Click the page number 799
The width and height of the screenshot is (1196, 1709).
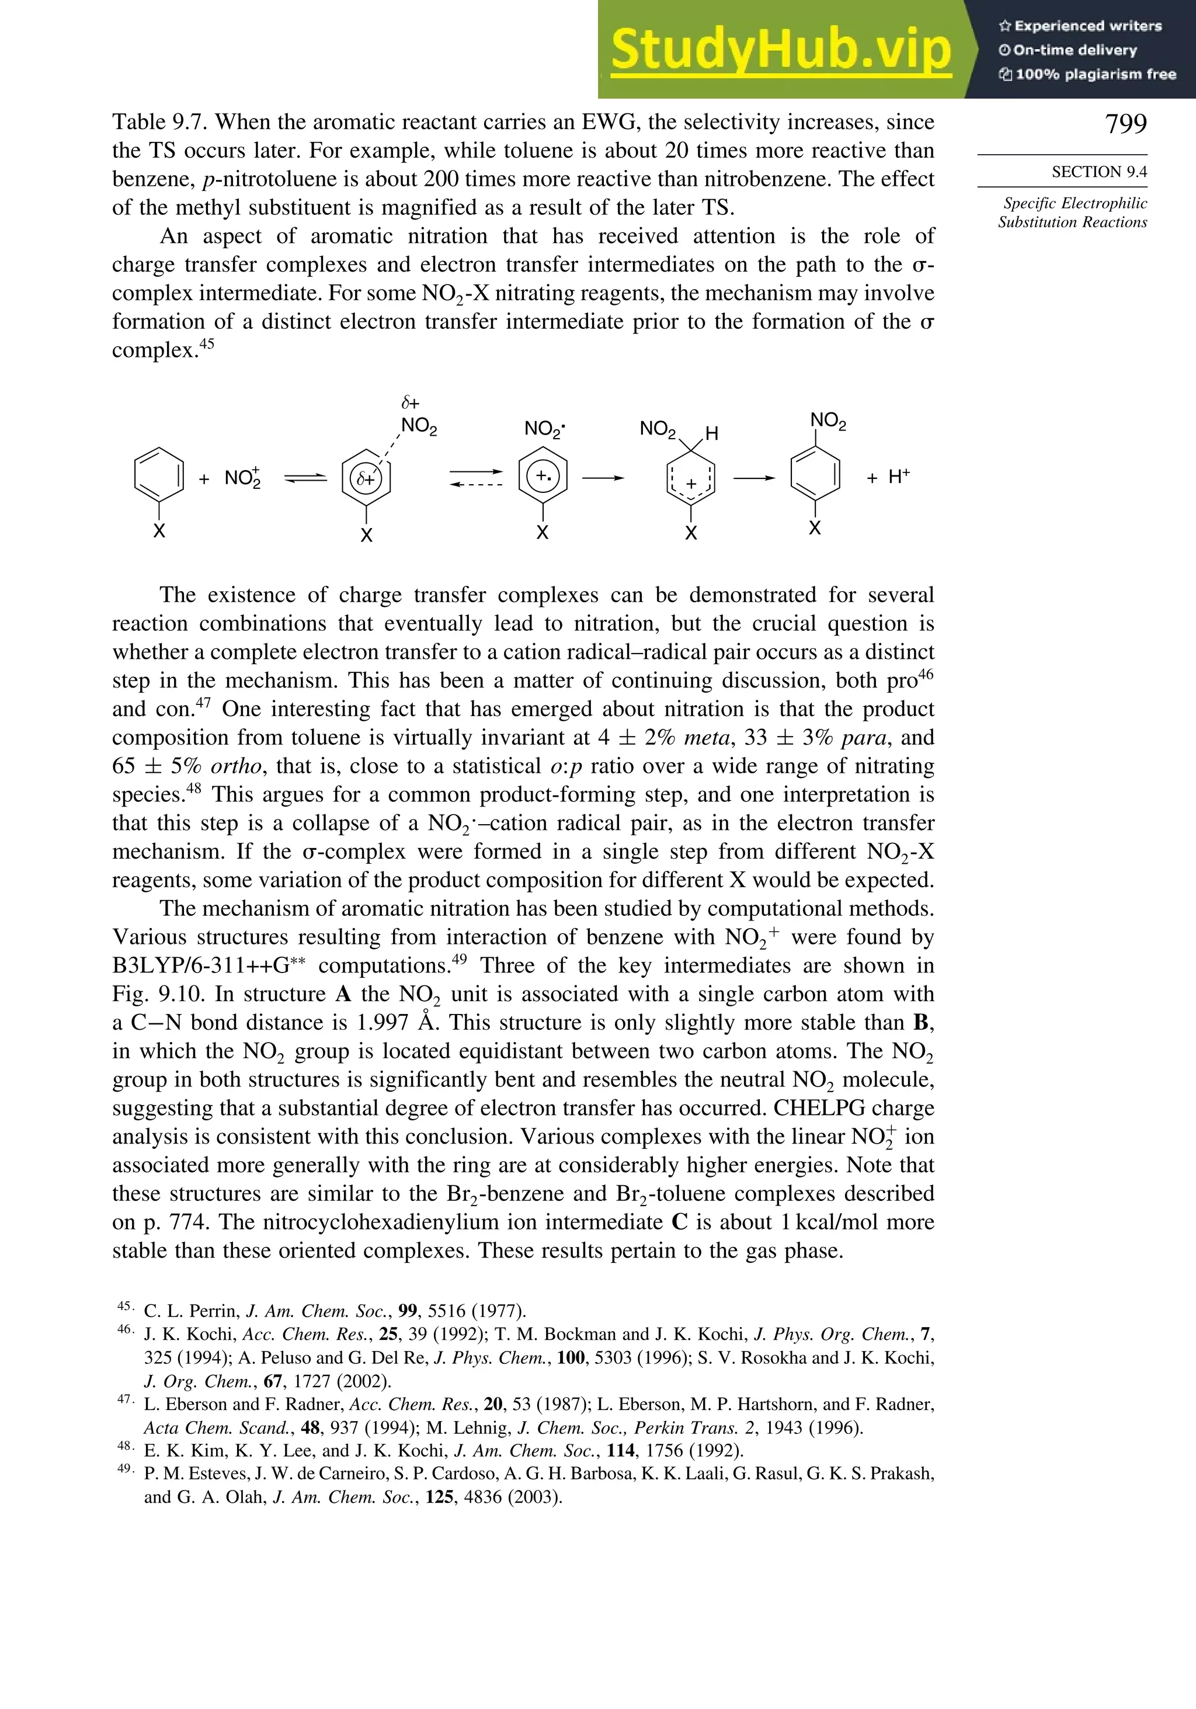coord(1125,124)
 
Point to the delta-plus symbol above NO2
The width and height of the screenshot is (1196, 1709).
coord(410,402)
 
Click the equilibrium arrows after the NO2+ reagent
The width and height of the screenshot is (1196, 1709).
coord(305,478)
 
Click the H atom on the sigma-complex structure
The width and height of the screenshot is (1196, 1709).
coord(711,434)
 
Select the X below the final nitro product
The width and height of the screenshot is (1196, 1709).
coord(815,529)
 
